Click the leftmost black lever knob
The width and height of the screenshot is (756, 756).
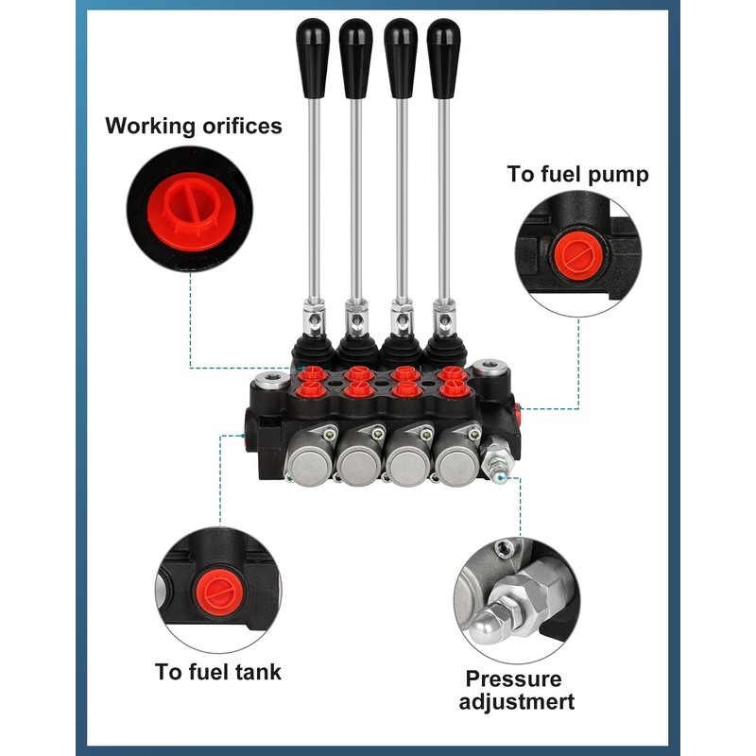click(313, 58)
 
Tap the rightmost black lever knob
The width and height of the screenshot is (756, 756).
click(443, 58)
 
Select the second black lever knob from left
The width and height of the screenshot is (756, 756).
click(356, 58)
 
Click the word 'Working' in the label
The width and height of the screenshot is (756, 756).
click(149, 127)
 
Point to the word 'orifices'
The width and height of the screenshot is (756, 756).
click(242, 126)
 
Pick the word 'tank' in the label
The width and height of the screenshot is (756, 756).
click(258, 672)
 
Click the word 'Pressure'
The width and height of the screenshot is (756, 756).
click(513, 679)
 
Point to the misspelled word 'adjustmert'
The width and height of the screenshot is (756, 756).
click(516, 702)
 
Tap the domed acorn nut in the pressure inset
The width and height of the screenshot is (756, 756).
click(490, 626)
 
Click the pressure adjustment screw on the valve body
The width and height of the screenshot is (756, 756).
click(496, 460)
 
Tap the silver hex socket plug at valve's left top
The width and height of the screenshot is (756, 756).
click(272, 380)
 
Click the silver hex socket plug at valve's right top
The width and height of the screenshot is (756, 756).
click(490, 367)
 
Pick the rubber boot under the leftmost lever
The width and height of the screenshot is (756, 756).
click(312, 351)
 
